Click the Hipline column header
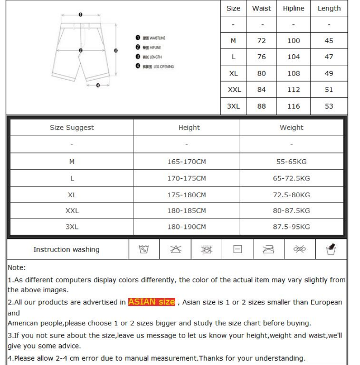click(x=293, y=8)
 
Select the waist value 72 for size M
click(x=262, y=41)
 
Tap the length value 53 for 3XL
click(x=329, y=106)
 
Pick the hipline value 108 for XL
click(x=293, y=73)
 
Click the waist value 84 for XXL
click(x=262, y=90)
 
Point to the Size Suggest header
click(x=72, y=128)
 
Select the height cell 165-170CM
click(x=186, y=162)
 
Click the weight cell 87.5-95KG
click(x=291, y=227)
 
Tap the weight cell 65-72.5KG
click(x=291, y=178)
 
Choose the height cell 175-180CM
click(x=186, y=195)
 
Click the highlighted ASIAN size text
click(x=151, y=302)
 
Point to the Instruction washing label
click(x=67, y=249)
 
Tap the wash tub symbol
click(x=144, y=249)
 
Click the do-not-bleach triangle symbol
click(x=176, y=249)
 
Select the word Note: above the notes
click(x=17, y=268)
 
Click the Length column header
click(x=329, y=8)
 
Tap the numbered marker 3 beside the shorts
click(x=115, y=51)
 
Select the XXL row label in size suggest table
click(x=72, y=210)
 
